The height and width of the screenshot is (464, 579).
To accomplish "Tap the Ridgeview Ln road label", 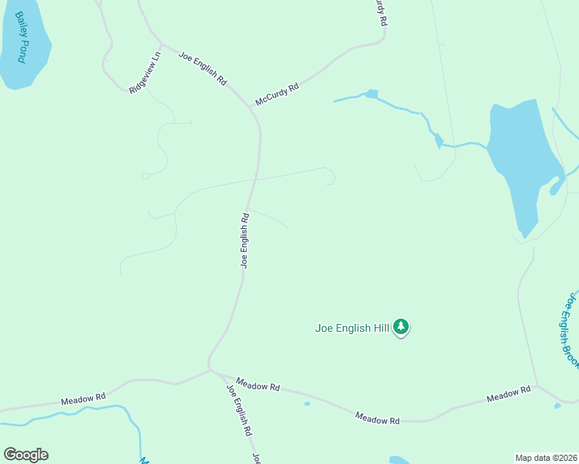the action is pyautogui.click(x=145, y=73).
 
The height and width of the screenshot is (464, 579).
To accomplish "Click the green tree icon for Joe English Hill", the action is pyautogui.click(x=401, y=327).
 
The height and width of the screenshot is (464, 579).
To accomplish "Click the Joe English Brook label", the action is pyautogui.click(x=570, y=329).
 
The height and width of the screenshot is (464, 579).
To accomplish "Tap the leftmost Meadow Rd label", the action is pyautogui.click(x=83, y=399).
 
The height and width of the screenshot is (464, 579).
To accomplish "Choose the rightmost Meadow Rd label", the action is pyautogui.click(x=509, y=395).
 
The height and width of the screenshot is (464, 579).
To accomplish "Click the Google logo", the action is pyautogui.click(x=26, y=455).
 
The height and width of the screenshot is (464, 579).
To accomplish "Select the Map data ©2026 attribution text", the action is pyautogui.click(x=546, y=457).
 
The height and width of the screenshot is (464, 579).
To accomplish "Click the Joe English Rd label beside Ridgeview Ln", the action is pyautogui.click(x=202, y=68).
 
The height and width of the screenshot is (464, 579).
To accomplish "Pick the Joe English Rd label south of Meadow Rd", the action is pyautogui.click(x=239, y=409).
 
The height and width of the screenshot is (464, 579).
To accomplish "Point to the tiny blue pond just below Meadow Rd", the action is pyautogui.click(x=307, y=404).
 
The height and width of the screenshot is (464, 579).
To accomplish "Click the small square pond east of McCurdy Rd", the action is pyautogui.click(x=372, y=94).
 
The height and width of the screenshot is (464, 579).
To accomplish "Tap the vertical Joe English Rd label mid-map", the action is pyautogui.click(x=245, y=240).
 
